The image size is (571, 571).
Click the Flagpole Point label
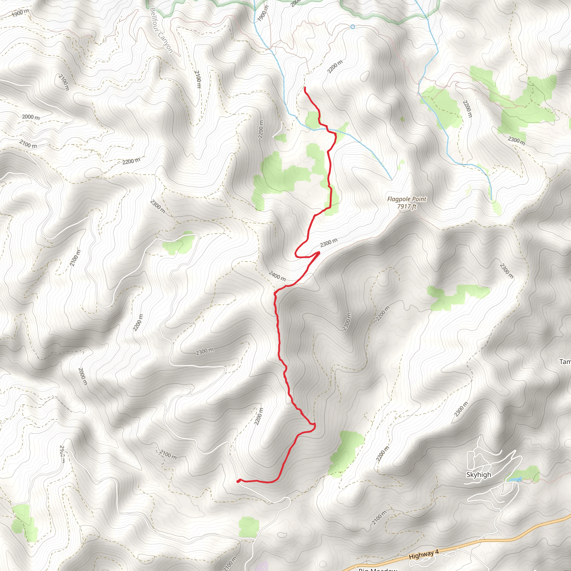coord(407,199)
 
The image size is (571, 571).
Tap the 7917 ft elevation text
coord(407,206)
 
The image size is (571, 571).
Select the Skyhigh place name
coord(478,475)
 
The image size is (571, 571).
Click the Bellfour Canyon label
coord(161,30)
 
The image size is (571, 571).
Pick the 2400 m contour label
coord(277,276)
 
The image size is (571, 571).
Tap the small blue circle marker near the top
coord(352,27)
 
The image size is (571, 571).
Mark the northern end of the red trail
coord(304,88)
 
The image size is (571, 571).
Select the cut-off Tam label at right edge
coord(565,362)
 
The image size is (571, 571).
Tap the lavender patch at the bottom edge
coord(262,567)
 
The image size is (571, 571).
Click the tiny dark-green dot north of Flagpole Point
coord(402,119)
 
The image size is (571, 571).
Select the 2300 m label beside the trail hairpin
coord(328,243)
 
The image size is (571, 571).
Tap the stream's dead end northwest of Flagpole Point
coord(391,179)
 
